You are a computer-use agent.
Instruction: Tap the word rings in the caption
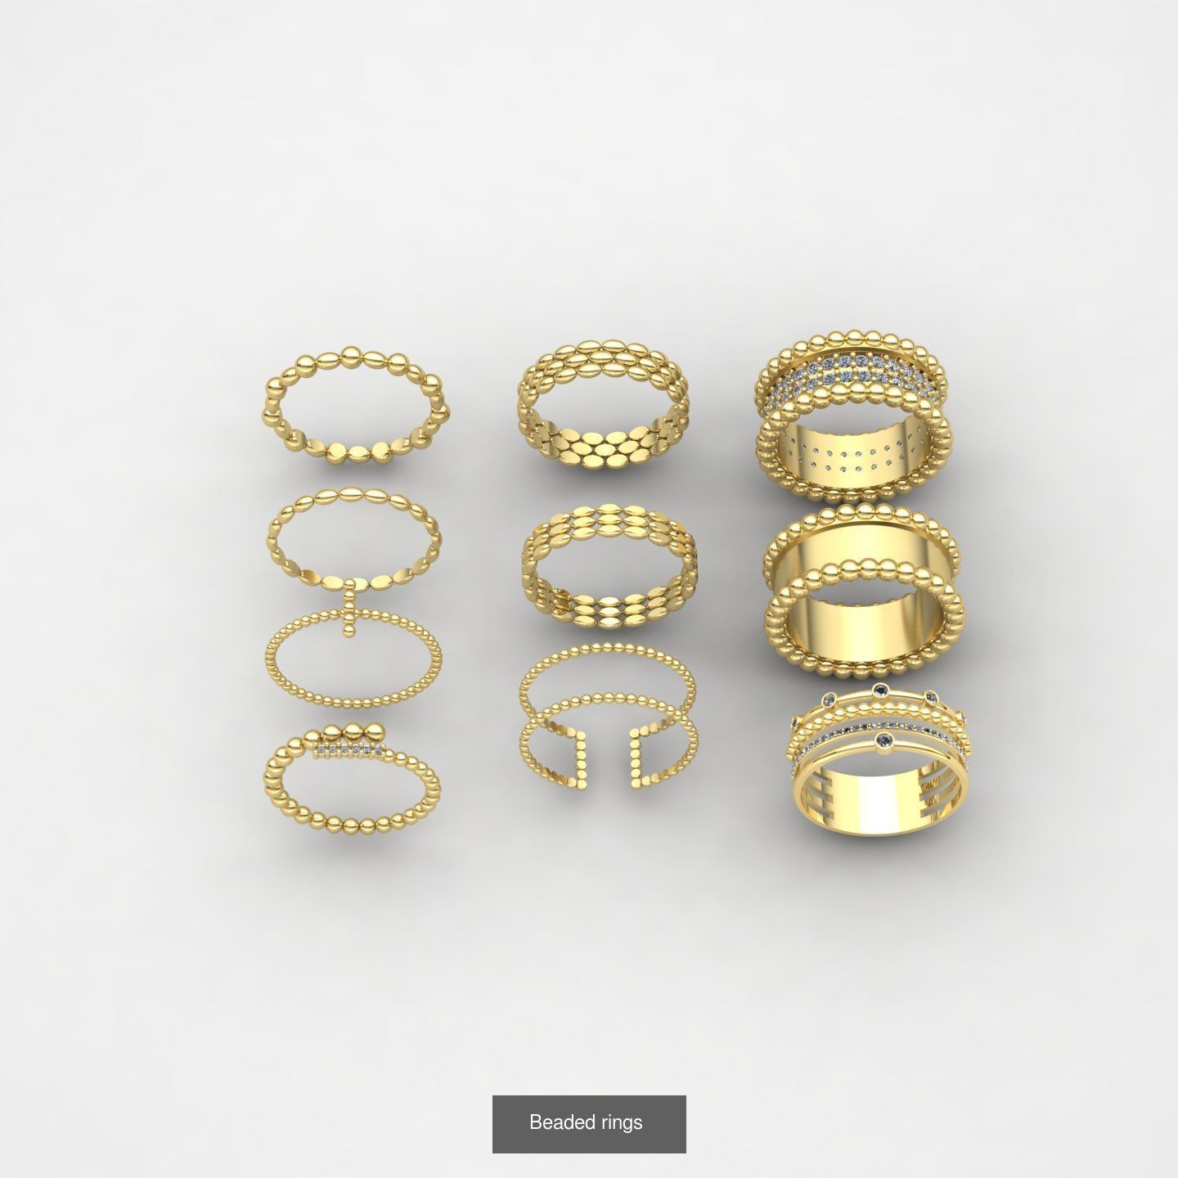tap(621, 1122)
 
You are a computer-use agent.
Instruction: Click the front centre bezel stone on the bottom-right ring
tap(884, 740)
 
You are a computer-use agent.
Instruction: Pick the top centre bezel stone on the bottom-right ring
tap(880, 690)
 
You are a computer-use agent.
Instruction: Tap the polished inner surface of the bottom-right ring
tap(879, 802)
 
